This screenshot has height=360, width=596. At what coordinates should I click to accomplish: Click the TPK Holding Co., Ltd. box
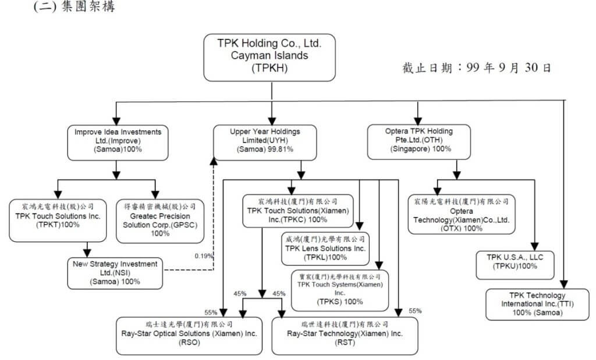pos(269,57)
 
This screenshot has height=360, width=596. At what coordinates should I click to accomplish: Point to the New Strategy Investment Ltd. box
pos(115,273)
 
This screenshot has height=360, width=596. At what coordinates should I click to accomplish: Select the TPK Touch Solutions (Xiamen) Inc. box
pos(297,211)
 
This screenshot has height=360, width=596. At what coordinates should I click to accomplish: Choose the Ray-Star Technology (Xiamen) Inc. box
pos(345,335)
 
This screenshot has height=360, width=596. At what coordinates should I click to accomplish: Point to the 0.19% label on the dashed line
pos(204,255)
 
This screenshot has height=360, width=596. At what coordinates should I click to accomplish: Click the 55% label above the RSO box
pos(211,311)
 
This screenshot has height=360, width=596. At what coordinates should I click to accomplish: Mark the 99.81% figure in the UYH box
pos(279,149)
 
